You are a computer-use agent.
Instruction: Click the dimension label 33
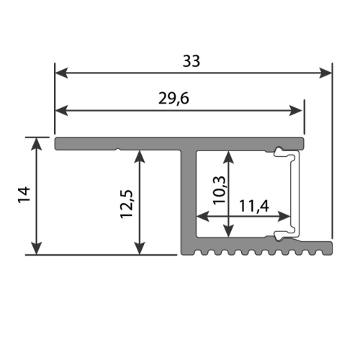192,61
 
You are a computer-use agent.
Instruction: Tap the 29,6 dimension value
174,99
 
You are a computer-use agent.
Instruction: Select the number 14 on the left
24,194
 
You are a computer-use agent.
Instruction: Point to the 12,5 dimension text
127,204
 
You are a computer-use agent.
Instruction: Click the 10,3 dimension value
220,190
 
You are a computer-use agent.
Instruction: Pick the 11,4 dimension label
254,206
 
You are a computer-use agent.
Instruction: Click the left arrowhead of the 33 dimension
61,73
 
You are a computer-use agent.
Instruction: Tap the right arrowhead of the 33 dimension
325,73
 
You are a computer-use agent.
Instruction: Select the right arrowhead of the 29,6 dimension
295,111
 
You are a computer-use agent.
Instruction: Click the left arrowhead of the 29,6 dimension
61,111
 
